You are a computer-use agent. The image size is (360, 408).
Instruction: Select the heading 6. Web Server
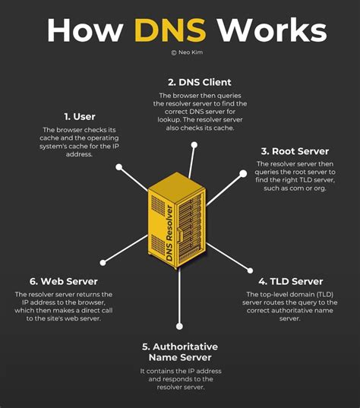pos(63,281)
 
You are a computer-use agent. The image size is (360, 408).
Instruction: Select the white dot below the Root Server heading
pos(243,173)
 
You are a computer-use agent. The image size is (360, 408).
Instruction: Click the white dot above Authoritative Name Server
pos(179,326)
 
